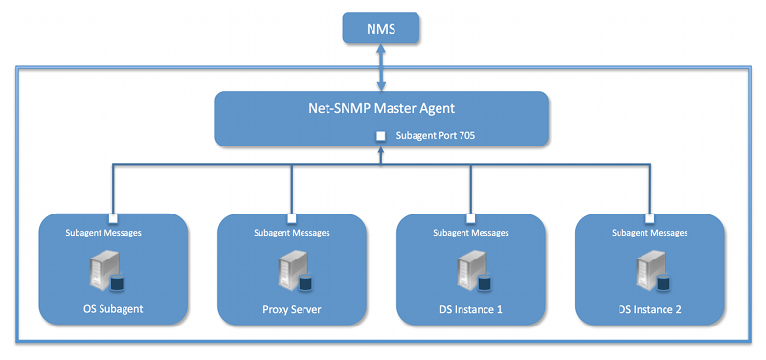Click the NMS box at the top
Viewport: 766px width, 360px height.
tap(382, 30)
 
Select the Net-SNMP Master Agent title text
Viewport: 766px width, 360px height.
tap(381, 107)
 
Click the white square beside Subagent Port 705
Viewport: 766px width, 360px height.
tap(381, 136)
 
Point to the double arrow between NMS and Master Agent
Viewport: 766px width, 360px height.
tap(382, 67)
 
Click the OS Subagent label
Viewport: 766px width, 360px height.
tap(112, 309)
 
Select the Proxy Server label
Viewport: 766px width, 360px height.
tap(291, 309)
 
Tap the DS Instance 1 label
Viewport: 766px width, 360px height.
tap(470, 309)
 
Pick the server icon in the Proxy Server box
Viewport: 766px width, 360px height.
tap(288, 272)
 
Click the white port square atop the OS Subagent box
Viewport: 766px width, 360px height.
tap(112, 216)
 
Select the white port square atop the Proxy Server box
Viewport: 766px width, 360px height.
tap(291, 216)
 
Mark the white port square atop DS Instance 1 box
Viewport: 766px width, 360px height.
tap(470, 216)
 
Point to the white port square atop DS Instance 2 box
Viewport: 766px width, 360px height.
tap(649, 216)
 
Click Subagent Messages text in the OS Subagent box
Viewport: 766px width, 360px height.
tap(112, 232)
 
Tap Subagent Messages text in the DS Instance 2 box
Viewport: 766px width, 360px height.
tap(649, 232)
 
